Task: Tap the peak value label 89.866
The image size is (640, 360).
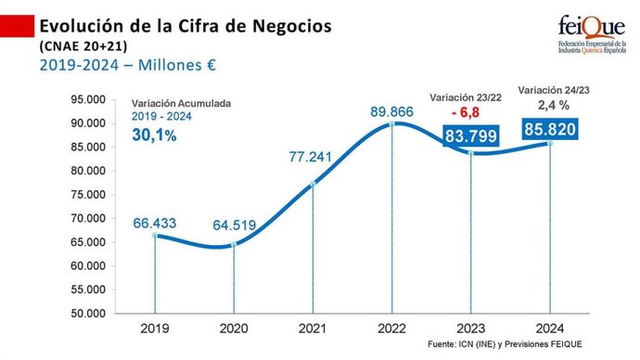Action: (x=391, y=110)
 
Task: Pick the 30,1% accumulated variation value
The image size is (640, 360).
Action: (x=156, y=136)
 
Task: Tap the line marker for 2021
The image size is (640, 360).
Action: (x=313, y=184)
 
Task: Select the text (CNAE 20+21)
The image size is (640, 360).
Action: (x=83, y=45)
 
